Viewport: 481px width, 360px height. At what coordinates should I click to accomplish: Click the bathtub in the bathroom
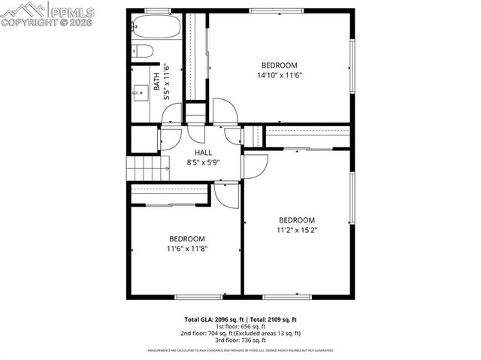click(156, 28)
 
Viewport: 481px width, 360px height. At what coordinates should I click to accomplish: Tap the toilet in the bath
click(143, 51)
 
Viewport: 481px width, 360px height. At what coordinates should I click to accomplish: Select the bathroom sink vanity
click(140, 92)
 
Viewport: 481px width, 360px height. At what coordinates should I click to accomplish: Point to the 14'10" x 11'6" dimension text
click(279, 75)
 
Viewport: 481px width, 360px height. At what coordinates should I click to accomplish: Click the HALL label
click(203, 153)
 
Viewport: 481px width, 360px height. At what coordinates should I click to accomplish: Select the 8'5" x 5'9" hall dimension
click(203, 162)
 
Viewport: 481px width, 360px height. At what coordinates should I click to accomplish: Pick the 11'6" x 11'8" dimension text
click(186, 249)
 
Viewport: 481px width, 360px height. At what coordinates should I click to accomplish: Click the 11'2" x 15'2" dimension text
click(297, 231)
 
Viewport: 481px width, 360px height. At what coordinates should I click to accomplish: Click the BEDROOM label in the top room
click(279, 65)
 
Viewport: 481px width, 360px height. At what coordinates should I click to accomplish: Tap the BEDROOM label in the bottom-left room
click(186, 239)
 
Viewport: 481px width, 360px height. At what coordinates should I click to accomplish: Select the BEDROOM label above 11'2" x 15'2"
click(297, 220)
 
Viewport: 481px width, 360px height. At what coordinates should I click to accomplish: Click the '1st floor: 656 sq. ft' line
click(240, 326)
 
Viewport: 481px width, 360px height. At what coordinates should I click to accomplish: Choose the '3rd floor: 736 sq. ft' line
click(240, 340)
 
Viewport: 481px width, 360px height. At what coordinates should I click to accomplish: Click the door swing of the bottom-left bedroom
click(225, 194)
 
